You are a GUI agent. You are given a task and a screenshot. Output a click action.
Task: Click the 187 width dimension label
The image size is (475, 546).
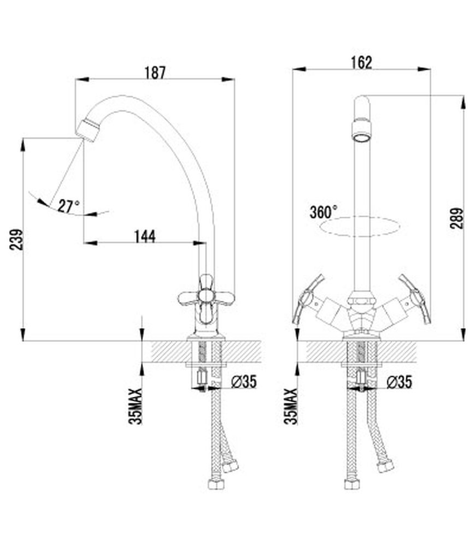coord(155,73)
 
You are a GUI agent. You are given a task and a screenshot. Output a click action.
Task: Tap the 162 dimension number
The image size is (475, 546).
coord(361,63)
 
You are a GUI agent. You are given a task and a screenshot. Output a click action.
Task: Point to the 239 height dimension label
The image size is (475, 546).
coord(16,239)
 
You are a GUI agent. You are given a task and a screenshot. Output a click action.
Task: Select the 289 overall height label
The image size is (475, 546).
coord(457,218)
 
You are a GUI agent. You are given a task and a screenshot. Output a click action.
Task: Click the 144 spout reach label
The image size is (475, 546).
coord(145,236)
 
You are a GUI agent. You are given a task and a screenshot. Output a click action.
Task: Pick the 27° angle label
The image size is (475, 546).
coord(69,206)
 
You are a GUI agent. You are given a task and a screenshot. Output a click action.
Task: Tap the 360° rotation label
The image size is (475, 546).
coord(324,212)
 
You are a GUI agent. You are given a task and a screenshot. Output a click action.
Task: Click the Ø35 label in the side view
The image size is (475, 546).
coord(244,382)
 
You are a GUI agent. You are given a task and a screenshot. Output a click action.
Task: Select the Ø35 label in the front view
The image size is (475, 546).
coord(400,382)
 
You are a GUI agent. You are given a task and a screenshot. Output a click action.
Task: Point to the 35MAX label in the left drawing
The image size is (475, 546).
coord(136,406)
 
